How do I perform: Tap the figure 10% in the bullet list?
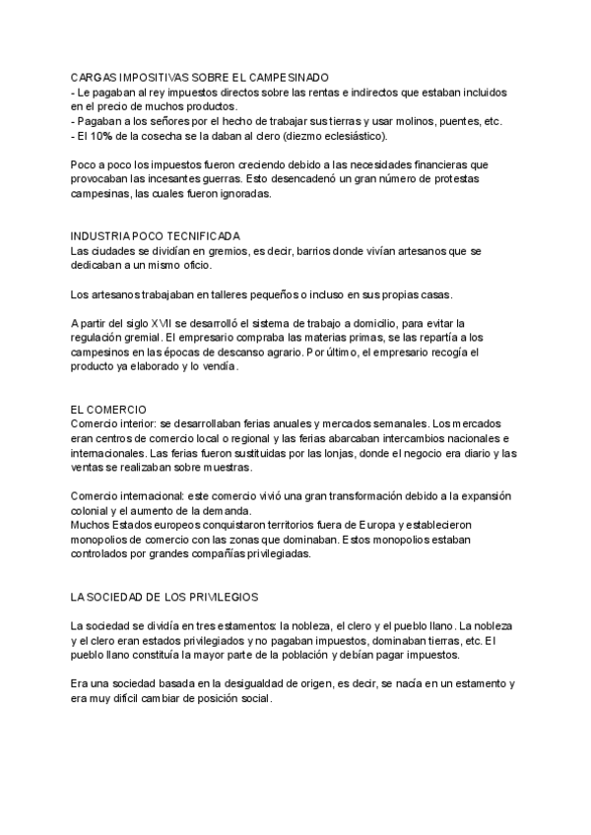pyautogui.click(x=107, y=135)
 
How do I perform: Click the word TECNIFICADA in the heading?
pyautogui.click(x=192, y=237)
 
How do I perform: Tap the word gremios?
pyautogui.click(x=213, y=252)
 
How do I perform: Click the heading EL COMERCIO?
pyautogui.click(x=108, y=409)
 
